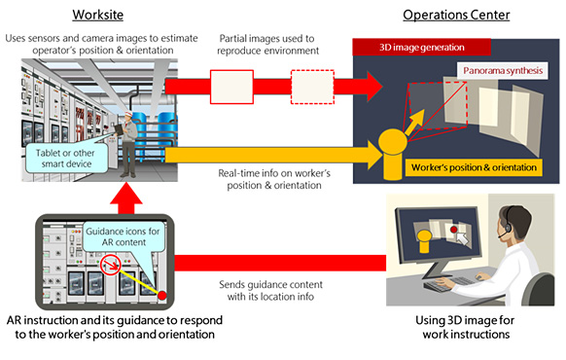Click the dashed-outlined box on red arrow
(x=310, y=88)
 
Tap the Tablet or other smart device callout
(x=62, y=162)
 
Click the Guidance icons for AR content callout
(x=108, y=234)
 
